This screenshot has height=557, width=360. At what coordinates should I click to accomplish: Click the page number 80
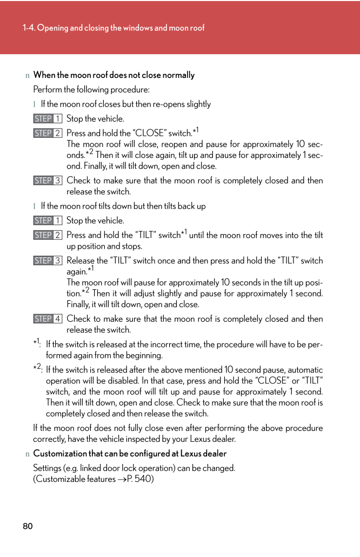(28, 526)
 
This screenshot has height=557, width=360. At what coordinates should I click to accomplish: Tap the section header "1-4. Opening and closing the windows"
(114, 28)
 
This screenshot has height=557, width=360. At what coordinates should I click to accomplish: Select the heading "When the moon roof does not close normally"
(114, 75)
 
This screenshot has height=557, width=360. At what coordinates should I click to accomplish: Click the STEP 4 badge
(48, 319)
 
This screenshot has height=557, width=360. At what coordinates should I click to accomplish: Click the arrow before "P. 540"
(121, 479)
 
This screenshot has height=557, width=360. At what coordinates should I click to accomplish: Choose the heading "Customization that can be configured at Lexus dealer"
(130, 454)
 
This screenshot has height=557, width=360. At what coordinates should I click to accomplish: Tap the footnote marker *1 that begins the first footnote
(37, 343)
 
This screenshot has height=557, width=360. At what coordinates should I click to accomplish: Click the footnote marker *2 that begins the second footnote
(37, 368)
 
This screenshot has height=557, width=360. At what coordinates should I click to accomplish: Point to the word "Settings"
(48, 468)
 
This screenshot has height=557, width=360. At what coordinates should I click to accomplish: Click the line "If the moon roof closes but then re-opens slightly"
(126, 104)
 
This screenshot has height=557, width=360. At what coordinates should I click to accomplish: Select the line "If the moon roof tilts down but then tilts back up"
(123, 206)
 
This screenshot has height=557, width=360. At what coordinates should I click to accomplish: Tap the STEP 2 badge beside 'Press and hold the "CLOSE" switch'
(48, 133)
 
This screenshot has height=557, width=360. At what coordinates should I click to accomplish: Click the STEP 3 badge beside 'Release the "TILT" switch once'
(48, 261)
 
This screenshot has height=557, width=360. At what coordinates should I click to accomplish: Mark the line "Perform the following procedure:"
(91, 89)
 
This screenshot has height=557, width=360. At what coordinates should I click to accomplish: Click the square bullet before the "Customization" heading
(27, 454)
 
